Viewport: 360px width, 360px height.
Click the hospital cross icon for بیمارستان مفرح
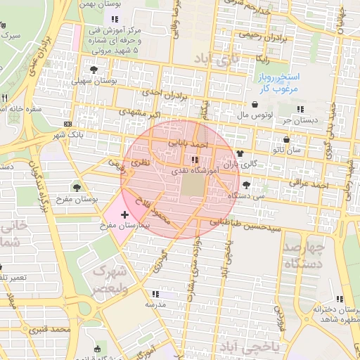click(125, 214)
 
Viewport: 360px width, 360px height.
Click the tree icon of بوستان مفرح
click(77, 187)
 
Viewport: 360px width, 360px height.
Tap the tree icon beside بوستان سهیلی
click(94, 69)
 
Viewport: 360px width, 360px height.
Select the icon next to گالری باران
click(240, 153)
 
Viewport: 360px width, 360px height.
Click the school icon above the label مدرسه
click(155, 294)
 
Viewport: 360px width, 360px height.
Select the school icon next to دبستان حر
click(301, 109)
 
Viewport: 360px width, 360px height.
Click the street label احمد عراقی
click(304, 182)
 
